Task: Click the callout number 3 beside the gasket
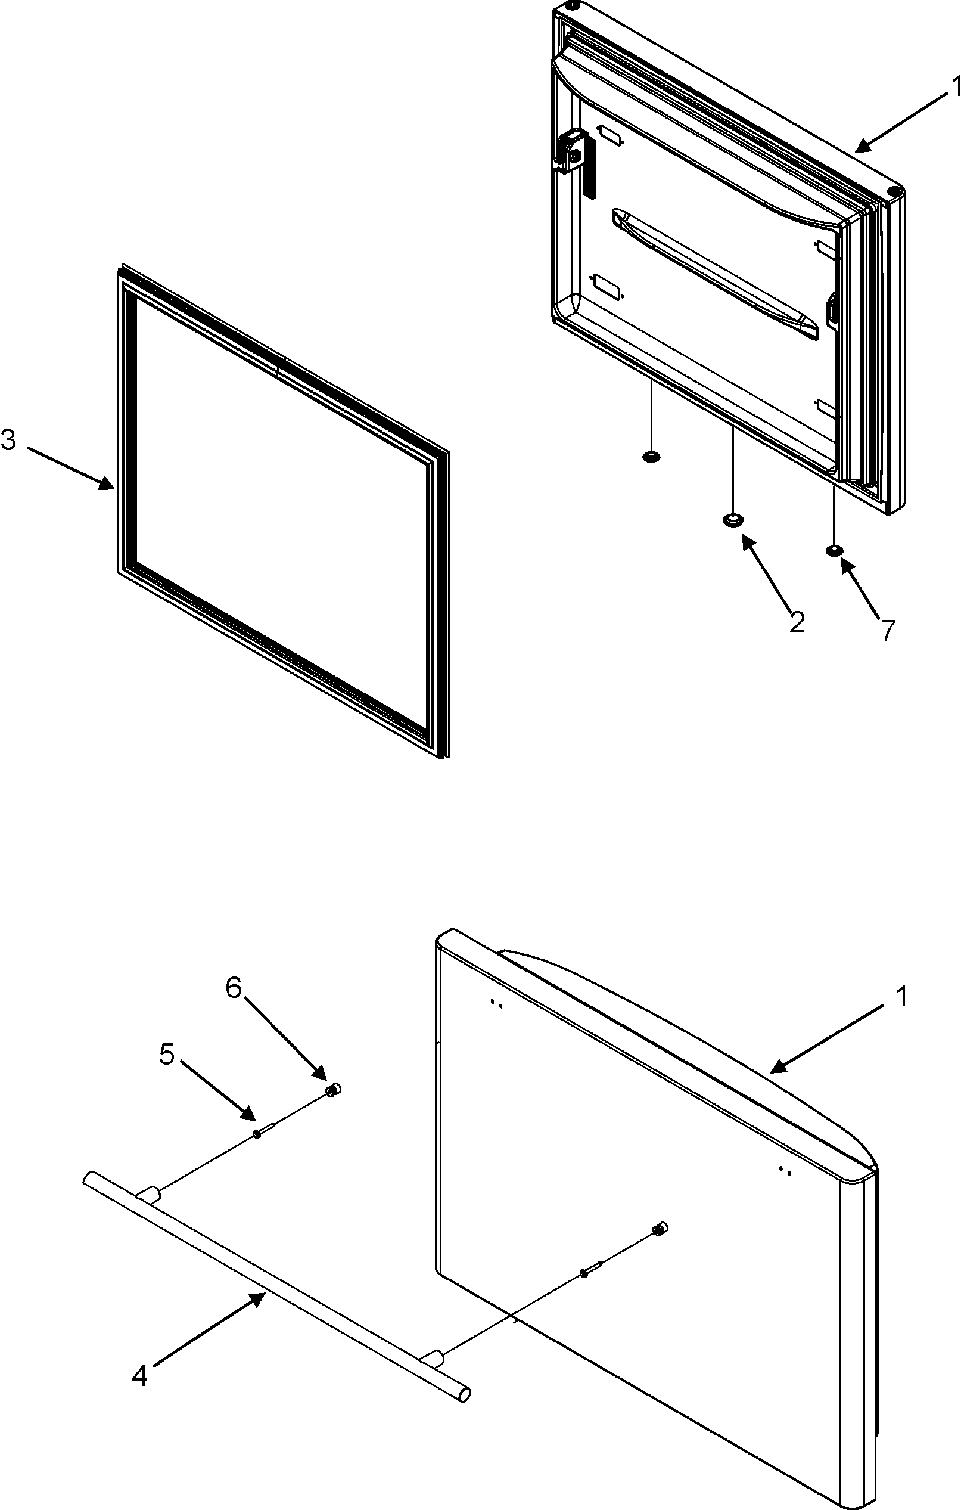click(9, 441)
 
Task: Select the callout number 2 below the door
click(796, 622)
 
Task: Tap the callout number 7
click(887, 630)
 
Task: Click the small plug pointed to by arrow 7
click(833, 551)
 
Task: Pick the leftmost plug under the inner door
click(651, 456)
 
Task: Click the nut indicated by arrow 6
click(333, 1090)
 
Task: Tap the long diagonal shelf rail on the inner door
click(714, 274)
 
